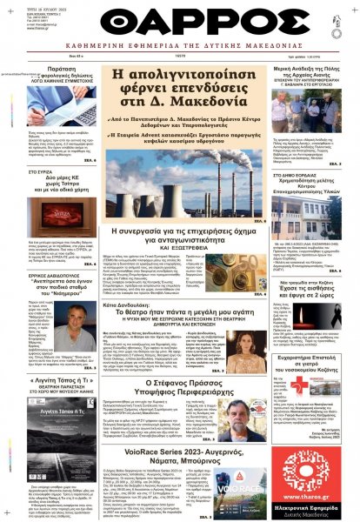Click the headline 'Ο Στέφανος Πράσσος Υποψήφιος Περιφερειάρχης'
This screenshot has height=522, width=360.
180,385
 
